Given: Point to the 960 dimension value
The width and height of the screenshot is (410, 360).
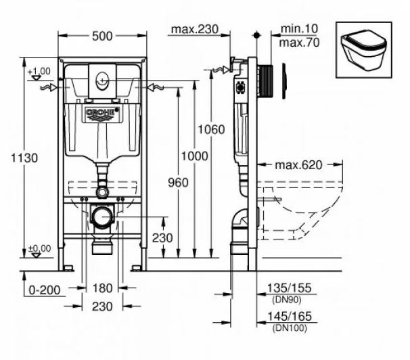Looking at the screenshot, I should pos(177,182).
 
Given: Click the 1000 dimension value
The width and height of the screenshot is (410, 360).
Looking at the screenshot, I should pos(196,156).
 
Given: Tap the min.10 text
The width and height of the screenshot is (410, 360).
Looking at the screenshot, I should pos(300,29).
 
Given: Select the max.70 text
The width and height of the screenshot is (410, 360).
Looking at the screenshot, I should pos(300,41).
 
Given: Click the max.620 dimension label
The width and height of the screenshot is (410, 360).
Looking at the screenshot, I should pos(298,164).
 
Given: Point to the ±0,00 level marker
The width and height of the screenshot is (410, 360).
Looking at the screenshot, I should pos(39,250).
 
